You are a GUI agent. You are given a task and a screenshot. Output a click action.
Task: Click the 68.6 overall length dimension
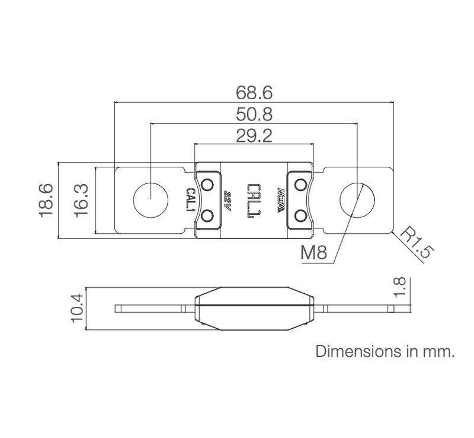point(254,93)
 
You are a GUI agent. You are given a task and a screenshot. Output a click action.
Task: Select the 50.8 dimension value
point(254,114)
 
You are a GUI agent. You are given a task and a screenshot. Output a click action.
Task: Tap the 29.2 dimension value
point(254,136)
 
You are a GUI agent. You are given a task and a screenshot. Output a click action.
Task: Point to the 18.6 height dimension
point(47,200)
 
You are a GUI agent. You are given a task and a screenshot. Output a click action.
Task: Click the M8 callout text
point(314,253)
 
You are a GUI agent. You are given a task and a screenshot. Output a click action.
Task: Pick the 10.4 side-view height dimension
point(76,309)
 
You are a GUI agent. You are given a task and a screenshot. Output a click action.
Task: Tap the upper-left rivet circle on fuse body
point(208,183)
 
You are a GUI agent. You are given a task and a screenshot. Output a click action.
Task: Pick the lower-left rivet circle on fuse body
point(208,217)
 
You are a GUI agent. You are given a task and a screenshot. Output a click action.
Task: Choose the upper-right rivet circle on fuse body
point(300,183)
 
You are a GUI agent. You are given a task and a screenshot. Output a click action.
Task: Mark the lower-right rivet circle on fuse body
point(300,217)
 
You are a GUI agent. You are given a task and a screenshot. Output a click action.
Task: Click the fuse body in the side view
point(254,308)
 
